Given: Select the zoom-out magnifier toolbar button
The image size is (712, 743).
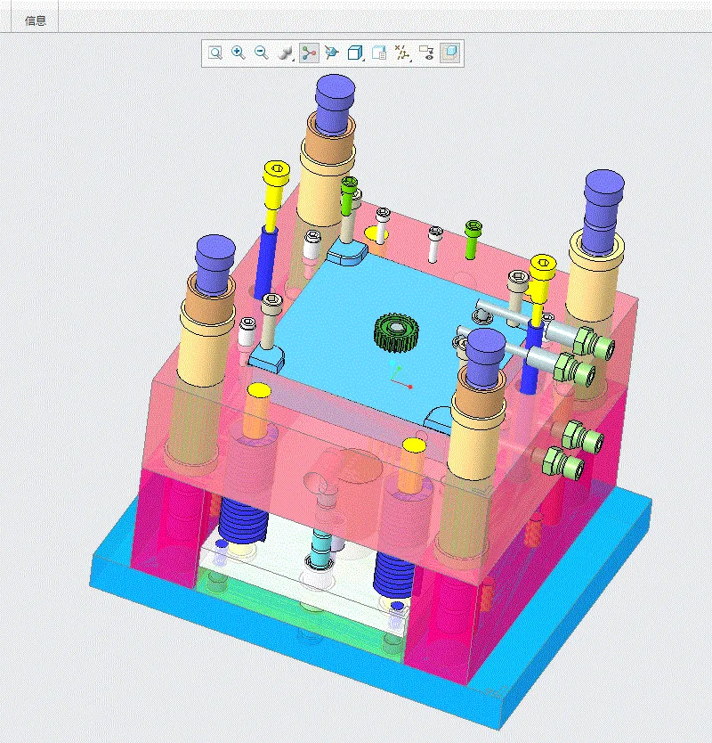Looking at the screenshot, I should click(262, 53).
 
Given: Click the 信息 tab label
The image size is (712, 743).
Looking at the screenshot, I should click(36, 20).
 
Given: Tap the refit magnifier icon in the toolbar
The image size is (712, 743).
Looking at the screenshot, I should click(215, 53).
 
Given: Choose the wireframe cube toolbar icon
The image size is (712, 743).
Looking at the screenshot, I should click(355, 53).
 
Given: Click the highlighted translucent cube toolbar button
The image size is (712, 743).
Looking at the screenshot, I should click(450, 53).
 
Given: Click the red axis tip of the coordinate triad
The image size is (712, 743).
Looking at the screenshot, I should click(409, 387).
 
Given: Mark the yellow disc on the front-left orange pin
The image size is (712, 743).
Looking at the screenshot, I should click(258, 390).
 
